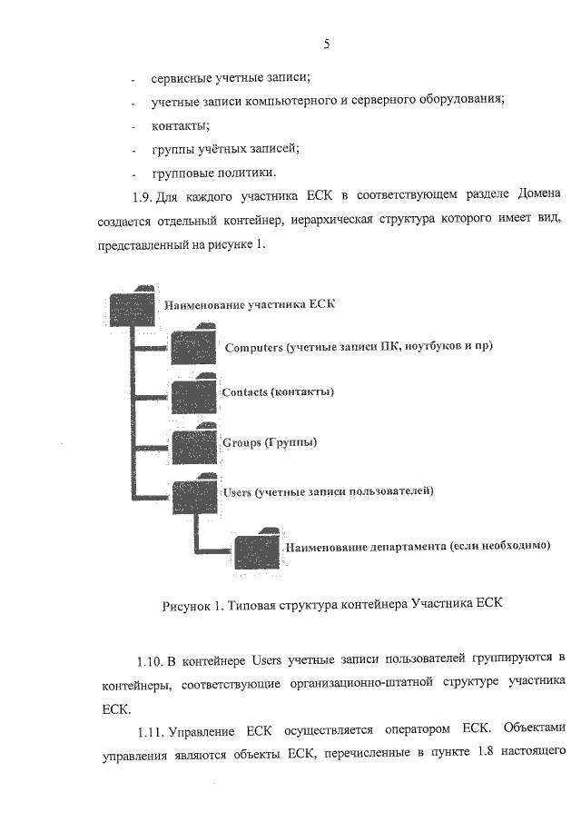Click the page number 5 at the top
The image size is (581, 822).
tap(327, 44)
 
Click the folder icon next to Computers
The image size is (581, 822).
tap(194, 345)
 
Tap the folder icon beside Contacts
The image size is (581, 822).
tap(194, 393)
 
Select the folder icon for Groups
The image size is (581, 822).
tap(194, 443)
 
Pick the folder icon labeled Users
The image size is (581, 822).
tap(195, 494)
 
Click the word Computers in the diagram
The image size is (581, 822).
tap(253, 348)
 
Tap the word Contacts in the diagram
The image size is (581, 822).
tap(245, 392)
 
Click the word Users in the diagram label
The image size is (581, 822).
tap(237, 492)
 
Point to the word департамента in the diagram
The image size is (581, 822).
tap(409, 547)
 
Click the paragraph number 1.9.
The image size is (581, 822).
tap(142, 198)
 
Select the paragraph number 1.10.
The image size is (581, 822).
tap(149, 661)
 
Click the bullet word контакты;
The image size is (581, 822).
tap(181, 126)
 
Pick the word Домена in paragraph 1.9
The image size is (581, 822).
tap(539, 194)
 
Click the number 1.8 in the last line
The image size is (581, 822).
tap(485, 752)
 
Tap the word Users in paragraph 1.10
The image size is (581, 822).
tap(267, 660)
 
